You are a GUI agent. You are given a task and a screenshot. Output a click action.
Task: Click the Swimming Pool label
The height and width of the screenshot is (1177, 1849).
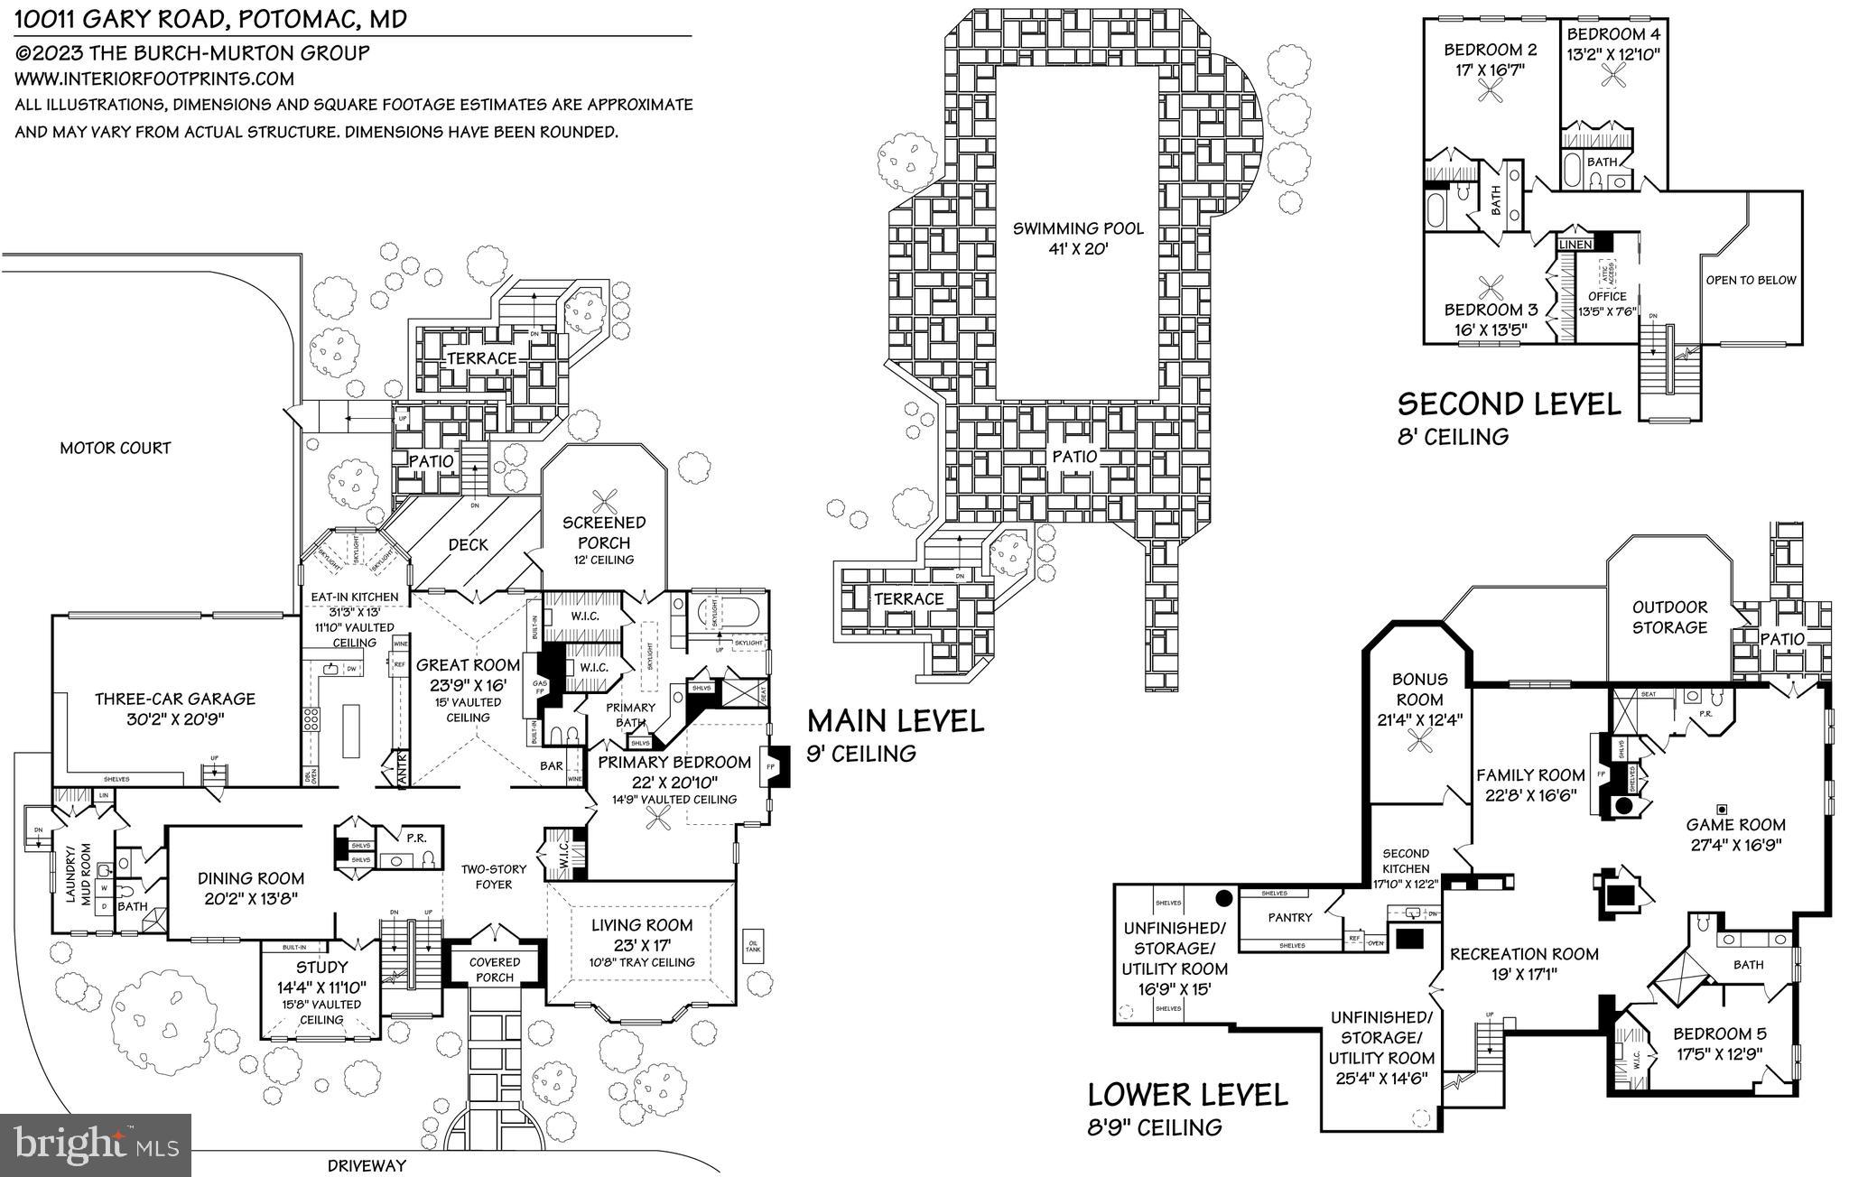pos(1077,228)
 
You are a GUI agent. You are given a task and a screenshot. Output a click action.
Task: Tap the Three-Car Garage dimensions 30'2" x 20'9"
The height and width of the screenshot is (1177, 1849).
pos(175,719)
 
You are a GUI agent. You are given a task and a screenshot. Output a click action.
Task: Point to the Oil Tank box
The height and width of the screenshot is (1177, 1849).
pos(753,947)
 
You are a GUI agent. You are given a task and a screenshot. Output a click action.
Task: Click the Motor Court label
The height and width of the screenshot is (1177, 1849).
pos(115,448)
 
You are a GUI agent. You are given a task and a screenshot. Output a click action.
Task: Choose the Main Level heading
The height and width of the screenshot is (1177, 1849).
pos(895,721)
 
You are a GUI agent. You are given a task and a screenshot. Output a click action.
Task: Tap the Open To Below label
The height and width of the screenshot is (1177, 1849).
pos(1751,280)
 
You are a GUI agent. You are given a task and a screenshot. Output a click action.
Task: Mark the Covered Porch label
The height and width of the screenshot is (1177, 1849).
pos(494,969)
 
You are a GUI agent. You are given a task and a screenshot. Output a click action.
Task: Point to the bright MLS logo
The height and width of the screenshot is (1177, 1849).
pos(96,1144)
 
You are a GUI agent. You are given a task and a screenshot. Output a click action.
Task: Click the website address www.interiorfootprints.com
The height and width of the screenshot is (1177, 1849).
pos(153,79)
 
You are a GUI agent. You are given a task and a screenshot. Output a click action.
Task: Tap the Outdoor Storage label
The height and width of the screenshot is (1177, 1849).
pos(1669,617)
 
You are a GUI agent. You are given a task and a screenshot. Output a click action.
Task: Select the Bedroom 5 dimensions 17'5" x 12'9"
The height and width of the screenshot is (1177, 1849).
pos(1719,1052)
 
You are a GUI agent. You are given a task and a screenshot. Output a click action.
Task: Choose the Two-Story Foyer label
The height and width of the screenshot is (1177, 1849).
pos(494,876)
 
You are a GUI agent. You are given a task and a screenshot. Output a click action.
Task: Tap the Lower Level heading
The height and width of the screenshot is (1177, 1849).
pos(1187,1095)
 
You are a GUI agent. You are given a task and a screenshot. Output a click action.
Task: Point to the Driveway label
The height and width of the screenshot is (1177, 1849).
pos(367,1165)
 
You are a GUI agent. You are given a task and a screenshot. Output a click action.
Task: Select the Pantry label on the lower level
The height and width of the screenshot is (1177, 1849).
pos(1289,917)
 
